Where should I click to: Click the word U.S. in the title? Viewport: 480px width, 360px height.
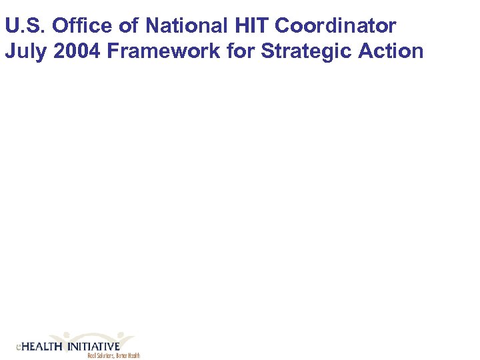point(25,27)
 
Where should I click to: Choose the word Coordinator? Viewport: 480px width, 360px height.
point(335,27)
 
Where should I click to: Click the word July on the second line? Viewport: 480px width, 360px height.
point(24,51)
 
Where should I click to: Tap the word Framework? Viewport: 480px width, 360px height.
point(161,51)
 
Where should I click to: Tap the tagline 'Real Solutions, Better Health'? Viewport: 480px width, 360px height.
point(113,356)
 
